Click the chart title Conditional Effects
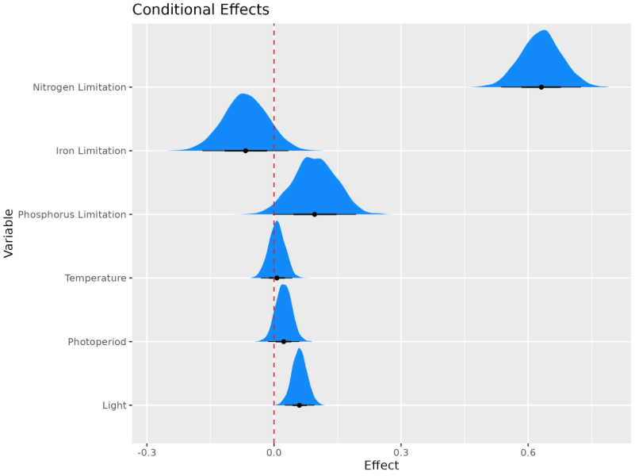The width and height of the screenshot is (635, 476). pos(201,10)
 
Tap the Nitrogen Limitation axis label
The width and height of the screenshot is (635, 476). pos(79,87)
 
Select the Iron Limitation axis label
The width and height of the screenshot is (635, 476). pos(91,151)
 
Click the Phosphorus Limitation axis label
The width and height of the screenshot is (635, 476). pos(72,214)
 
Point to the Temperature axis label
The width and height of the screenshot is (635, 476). pos(95,278)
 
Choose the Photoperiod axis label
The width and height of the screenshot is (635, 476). pos(97,342)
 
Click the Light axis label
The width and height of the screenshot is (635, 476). pos(113,405)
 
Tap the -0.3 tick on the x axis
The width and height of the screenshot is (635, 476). pos(147,453)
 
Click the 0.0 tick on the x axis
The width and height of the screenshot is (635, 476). pos(274,453)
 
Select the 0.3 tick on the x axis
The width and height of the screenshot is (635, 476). pos(401,453)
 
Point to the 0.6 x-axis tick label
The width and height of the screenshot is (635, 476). pos(528,453)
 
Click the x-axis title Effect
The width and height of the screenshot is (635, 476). pos(381,466)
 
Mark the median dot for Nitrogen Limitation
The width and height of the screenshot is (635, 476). pos(541,87)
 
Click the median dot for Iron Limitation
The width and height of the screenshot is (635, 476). pos(246,151)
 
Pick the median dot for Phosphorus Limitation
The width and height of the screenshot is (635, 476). pos(315,214)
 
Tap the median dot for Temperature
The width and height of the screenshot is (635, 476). pos(277,278)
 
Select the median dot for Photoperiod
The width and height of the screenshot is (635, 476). pos(284,342)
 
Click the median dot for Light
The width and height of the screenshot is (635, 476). pos(299,405)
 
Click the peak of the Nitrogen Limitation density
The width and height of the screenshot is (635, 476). pos(544,31)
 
